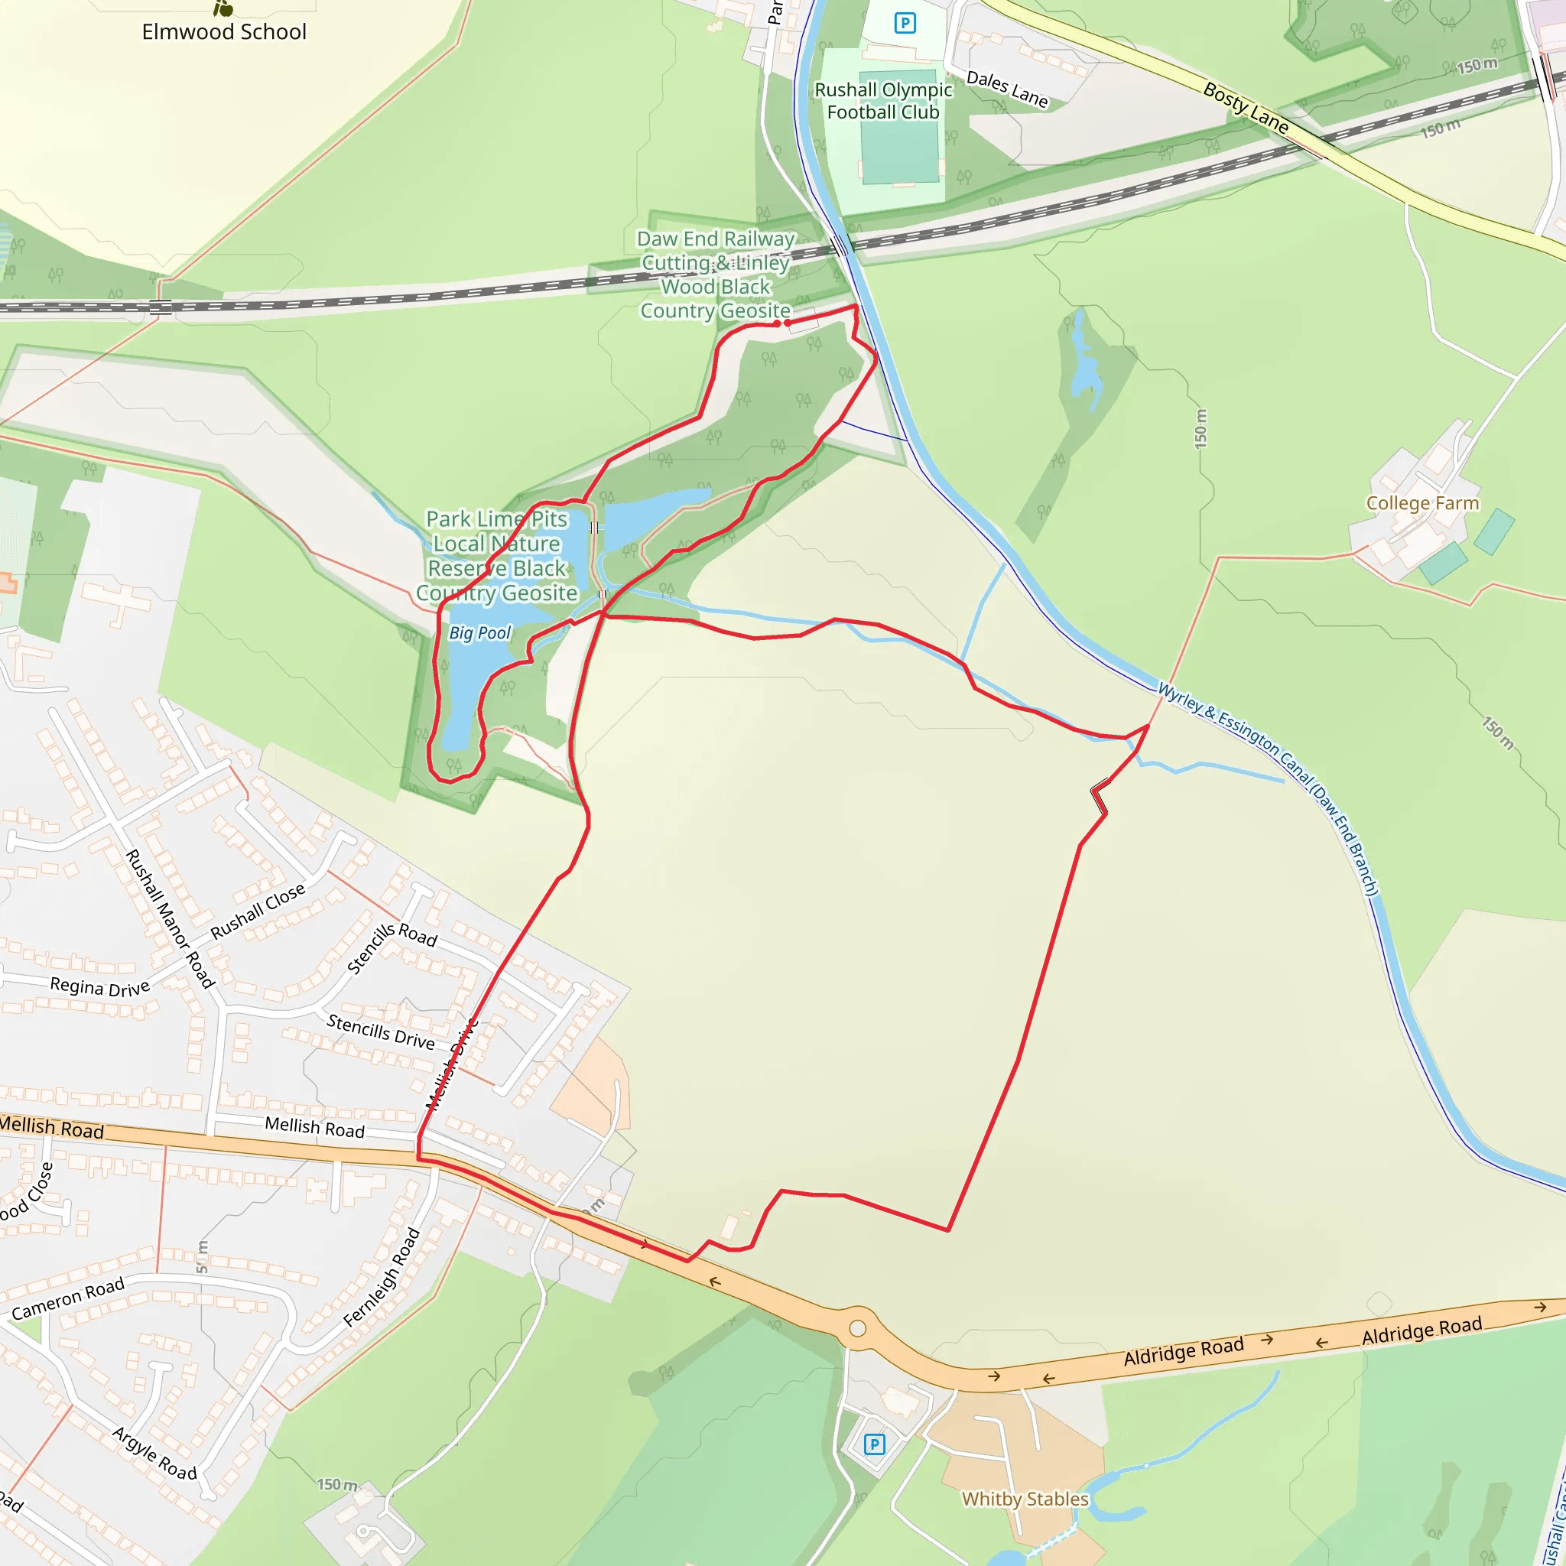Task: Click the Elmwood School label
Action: pyautogui.click(x=224, y=31)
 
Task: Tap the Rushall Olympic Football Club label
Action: pyautogui.click(x=882, y=102)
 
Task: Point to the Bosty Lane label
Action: pyautogui.click(x=1245, y=107)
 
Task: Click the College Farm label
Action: pyautogui.click(x=1422, y=503)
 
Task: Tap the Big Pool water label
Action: pyautogui.click(x=480, y=633)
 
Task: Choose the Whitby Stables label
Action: pyautogui.click(x=1025, y=1499)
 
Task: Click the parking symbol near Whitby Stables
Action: pyautogui.click(x=874, y=1444)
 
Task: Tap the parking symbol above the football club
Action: pyautogui.click(x=905, y=23)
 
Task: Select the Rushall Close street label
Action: pyautogui.click(x=258, y=910)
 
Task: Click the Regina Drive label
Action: pyautogui.click(x=99, y=986)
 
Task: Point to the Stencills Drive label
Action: pyautogui.click(x=380, y=1032)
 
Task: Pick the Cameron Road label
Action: pyautogui.click(x=68, y=1298)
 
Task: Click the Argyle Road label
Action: pyautogui.click(x=154, y=1454)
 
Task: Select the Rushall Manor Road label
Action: pyautogui.click(x=171, y=918)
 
